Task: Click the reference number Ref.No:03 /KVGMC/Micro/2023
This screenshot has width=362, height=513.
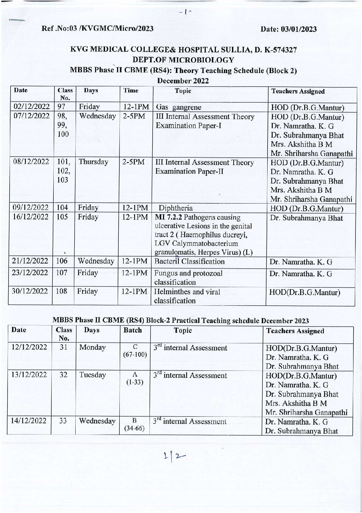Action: (97, 28)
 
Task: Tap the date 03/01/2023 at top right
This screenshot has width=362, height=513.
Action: (288, 29)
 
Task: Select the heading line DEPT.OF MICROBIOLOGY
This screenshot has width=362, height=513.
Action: (183, 60)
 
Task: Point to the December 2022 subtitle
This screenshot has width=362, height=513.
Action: (183, 81)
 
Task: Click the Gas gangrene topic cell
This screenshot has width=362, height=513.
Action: (178, 107)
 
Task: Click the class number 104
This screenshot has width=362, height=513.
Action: (63, 208)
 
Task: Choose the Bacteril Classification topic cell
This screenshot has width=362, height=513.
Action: (190, 262)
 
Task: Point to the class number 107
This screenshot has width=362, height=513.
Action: (62, 273)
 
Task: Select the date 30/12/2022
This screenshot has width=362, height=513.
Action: (30, 291)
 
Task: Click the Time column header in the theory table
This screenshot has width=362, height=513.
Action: (131, 90)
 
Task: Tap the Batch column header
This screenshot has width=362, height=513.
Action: (132, 330)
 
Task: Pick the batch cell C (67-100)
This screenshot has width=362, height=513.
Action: (135, 351)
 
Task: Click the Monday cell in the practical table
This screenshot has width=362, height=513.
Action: (92, 347)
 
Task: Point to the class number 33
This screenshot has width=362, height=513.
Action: (63, 421)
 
